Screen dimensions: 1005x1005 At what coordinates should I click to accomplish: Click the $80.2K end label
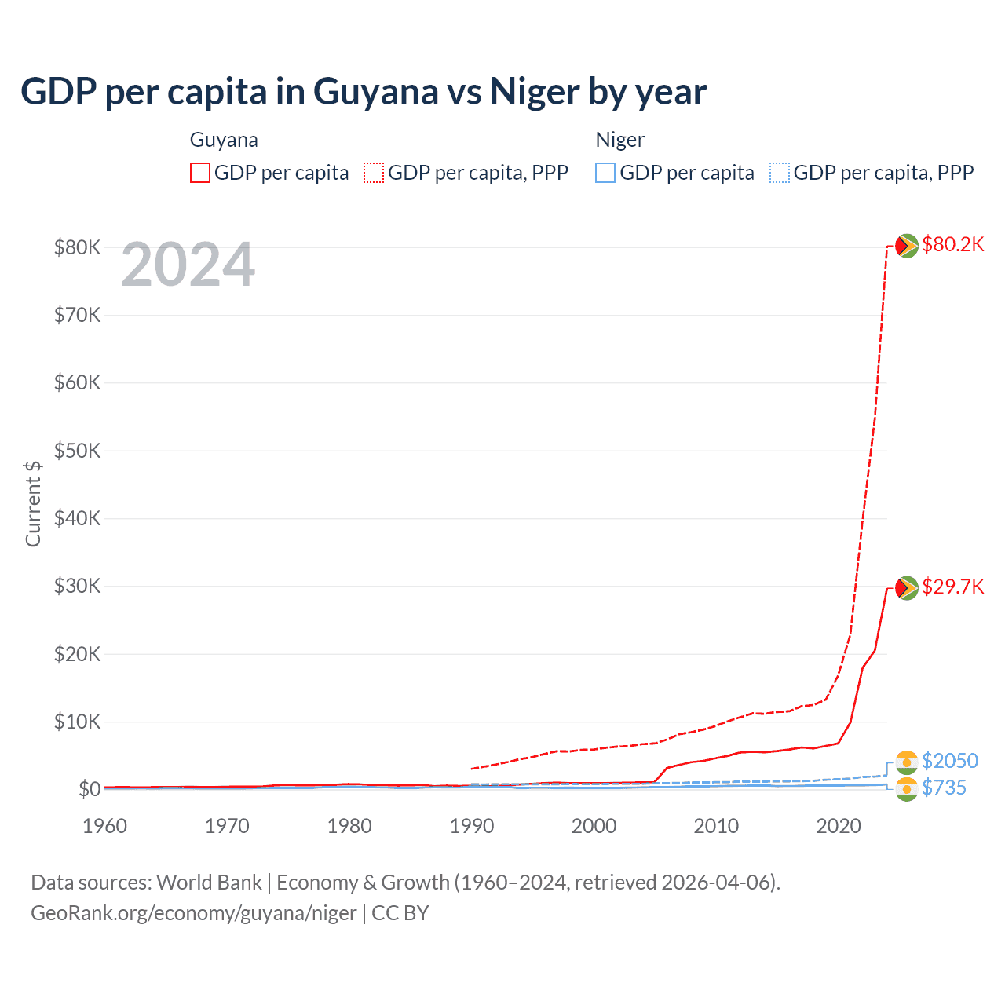[x=952, y=244]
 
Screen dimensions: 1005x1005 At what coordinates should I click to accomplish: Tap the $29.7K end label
[x=952, y=587]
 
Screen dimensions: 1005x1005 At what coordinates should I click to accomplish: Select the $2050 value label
[x=950, y=761]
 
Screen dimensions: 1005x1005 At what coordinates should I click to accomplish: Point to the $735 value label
[x=944, y=788]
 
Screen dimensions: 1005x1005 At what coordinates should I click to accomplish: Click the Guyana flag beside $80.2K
[x=907, y=246]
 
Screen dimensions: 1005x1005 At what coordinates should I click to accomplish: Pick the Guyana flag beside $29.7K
[x=907, y=588]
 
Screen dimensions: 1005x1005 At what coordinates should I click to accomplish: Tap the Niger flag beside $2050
[x=907, y=762]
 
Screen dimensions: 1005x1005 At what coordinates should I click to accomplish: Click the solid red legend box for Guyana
[x=200, y=173]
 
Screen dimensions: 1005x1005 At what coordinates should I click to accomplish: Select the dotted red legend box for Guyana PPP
[x=374, y=173]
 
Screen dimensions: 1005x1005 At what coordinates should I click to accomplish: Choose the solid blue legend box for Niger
[x=605, y=173]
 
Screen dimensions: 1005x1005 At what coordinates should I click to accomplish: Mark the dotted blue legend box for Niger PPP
[x=780, y=173]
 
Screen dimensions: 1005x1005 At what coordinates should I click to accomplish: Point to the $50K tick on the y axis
[x=77, y=451]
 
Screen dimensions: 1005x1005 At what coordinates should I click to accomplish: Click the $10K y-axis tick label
[x=77, y=722]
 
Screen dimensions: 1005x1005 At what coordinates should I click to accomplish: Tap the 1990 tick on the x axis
[x=472, y=826]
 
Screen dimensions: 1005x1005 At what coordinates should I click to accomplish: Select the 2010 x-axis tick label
[x=716, y=826]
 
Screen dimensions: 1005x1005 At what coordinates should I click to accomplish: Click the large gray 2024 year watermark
[x=188, y=265]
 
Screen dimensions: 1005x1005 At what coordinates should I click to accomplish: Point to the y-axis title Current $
[x=33, y=503]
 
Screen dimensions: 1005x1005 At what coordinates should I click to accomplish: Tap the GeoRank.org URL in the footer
[x=193, y=913]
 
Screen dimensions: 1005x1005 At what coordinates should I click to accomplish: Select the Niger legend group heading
[x=619, y=140]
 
